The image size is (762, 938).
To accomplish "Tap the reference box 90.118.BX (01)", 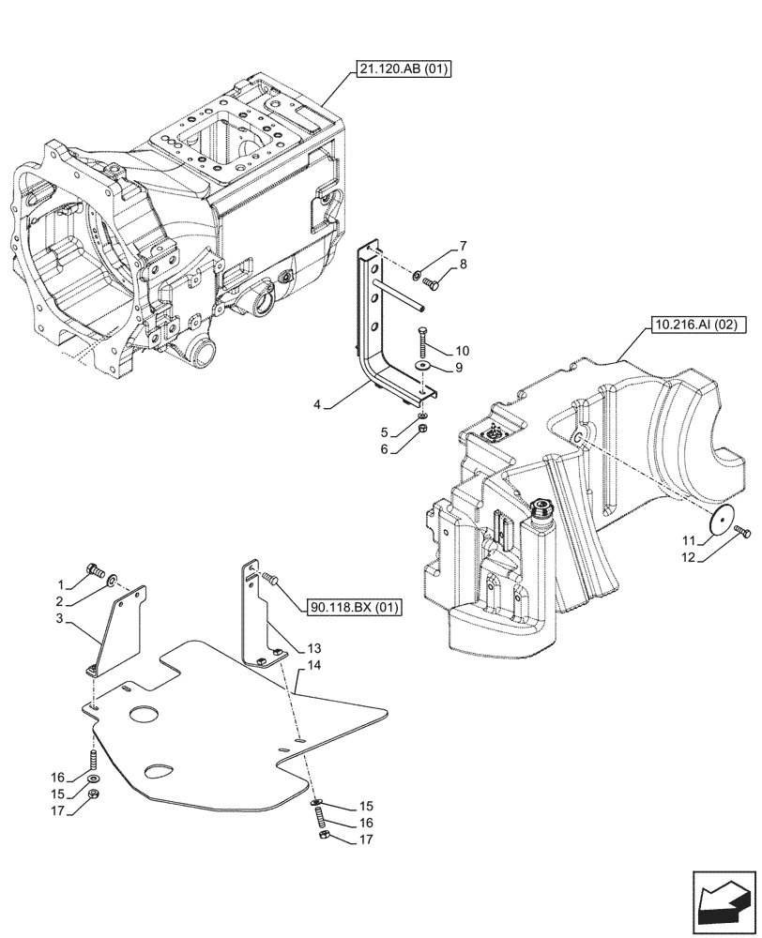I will (x=353, y=608).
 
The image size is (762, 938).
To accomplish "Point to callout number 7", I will (x=463, y=246).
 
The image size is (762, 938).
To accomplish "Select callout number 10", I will (x=463, y=351).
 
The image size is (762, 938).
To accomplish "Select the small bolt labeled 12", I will (x=744, y=532).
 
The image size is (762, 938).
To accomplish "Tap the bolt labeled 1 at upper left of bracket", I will (x=94, y=567).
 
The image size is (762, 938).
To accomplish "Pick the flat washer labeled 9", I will (x=423, y=365).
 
